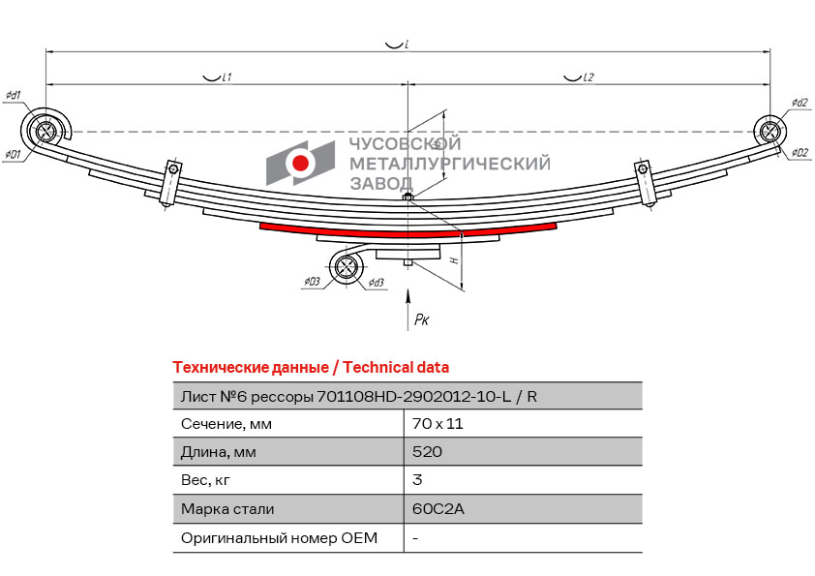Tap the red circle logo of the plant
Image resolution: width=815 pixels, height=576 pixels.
(302, 164)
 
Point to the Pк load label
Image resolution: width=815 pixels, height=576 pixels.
(421, 318)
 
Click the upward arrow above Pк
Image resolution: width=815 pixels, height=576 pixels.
(408, 299)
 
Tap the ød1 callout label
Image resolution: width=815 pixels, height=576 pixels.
(14, 95)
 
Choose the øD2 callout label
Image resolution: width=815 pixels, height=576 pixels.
(799, 153)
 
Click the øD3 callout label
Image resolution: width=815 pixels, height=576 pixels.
(311, 282)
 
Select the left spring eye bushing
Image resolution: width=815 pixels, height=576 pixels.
(44, 130)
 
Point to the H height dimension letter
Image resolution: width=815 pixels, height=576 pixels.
(452, 260)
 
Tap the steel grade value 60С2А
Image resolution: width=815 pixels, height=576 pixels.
(433, 508)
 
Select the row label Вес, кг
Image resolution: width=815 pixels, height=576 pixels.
(206, 480)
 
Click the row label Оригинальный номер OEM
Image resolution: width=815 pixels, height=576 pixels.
(279, 537)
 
